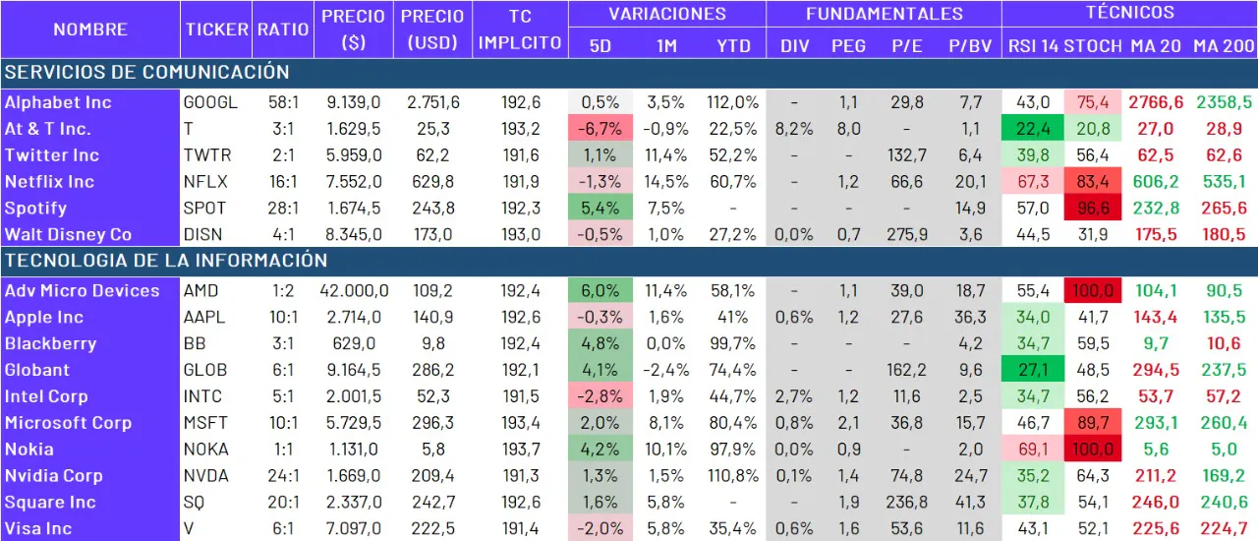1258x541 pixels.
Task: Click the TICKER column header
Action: pos(216,30)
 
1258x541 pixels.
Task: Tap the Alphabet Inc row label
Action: pos(58,102)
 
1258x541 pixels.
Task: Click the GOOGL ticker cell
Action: pos(210,102)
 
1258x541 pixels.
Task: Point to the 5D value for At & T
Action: pos(600,129)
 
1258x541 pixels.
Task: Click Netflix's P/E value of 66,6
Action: pos(906,182)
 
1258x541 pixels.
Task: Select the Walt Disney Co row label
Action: pos(68,235)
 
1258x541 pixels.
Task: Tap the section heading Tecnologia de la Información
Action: pos(165,261)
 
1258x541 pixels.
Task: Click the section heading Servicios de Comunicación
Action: pos(146,72)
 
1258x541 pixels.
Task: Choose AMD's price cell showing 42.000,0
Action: pos(354,291)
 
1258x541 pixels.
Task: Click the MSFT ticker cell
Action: pos(205,423)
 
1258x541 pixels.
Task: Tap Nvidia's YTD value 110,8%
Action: pos(732,476)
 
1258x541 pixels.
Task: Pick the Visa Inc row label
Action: pos(38,529)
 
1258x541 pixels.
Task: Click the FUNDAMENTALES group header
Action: pos(885,14)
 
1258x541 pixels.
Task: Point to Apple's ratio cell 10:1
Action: pos(283,318)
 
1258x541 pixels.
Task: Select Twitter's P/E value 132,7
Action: pos(906,155)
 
